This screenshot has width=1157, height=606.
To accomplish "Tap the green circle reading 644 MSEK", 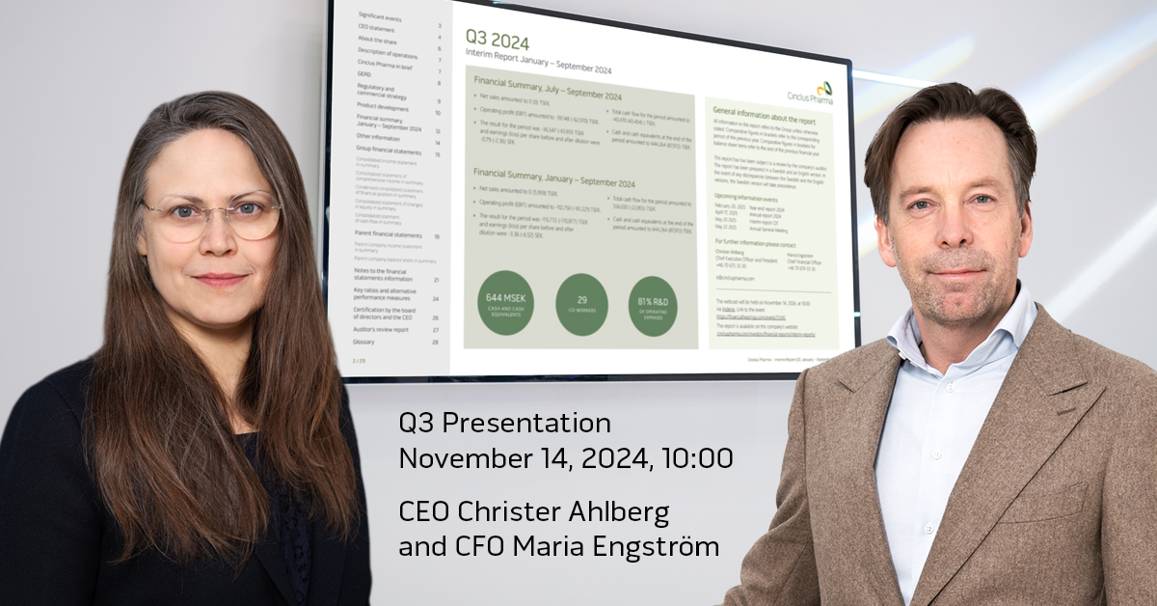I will point(504,303).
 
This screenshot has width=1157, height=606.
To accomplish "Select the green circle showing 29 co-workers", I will point(581,305).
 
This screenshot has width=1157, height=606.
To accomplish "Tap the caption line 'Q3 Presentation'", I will point(504,424).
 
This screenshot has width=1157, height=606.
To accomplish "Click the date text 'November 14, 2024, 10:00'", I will point(565,458).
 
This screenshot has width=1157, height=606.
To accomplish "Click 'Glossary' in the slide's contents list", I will point(363,342).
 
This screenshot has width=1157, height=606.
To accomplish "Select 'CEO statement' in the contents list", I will point(377,28).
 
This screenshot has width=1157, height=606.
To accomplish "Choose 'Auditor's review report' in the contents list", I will point(382,329).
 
